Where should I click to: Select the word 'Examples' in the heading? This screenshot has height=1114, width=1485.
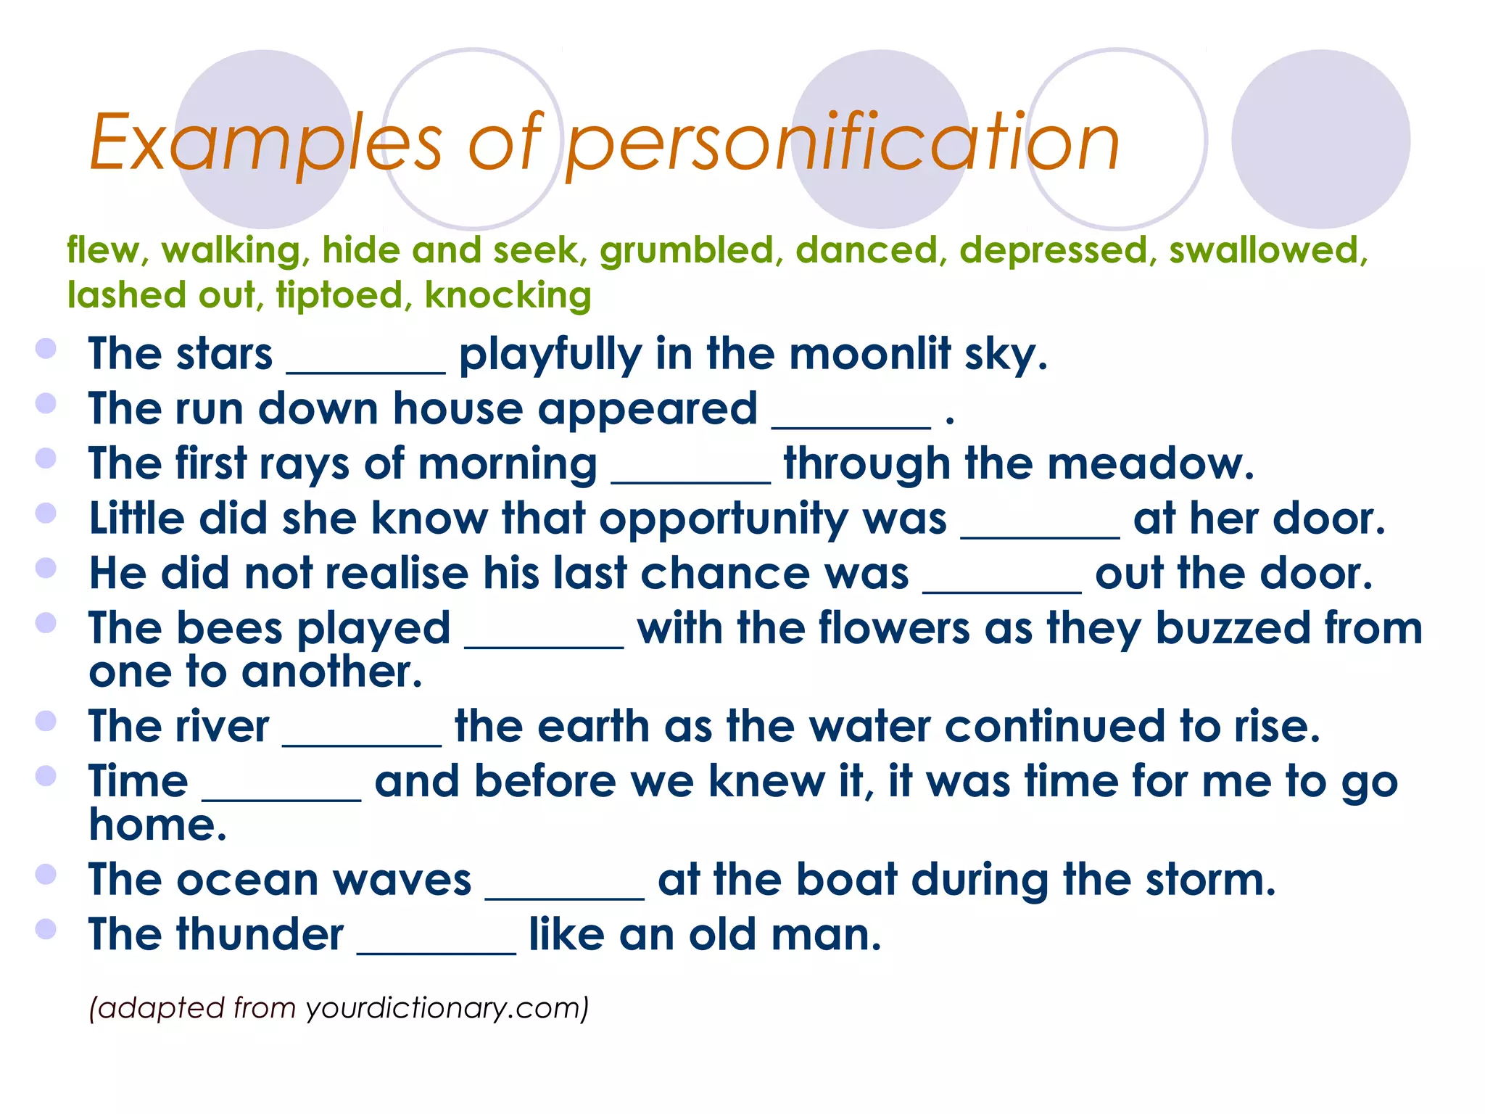265,143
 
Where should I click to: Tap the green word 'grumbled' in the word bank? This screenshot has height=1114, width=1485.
687,250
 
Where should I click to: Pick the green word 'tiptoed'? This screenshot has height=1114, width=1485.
339,295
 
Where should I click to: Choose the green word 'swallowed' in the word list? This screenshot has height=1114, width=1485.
1267,250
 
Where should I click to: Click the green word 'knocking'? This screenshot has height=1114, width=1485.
508,296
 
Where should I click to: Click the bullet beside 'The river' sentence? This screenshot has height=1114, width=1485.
46,721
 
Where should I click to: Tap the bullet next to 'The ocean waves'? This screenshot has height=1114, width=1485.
46,874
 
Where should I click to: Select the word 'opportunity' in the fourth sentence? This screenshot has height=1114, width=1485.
773,520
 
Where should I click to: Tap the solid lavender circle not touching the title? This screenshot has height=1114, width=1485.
1320,139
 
